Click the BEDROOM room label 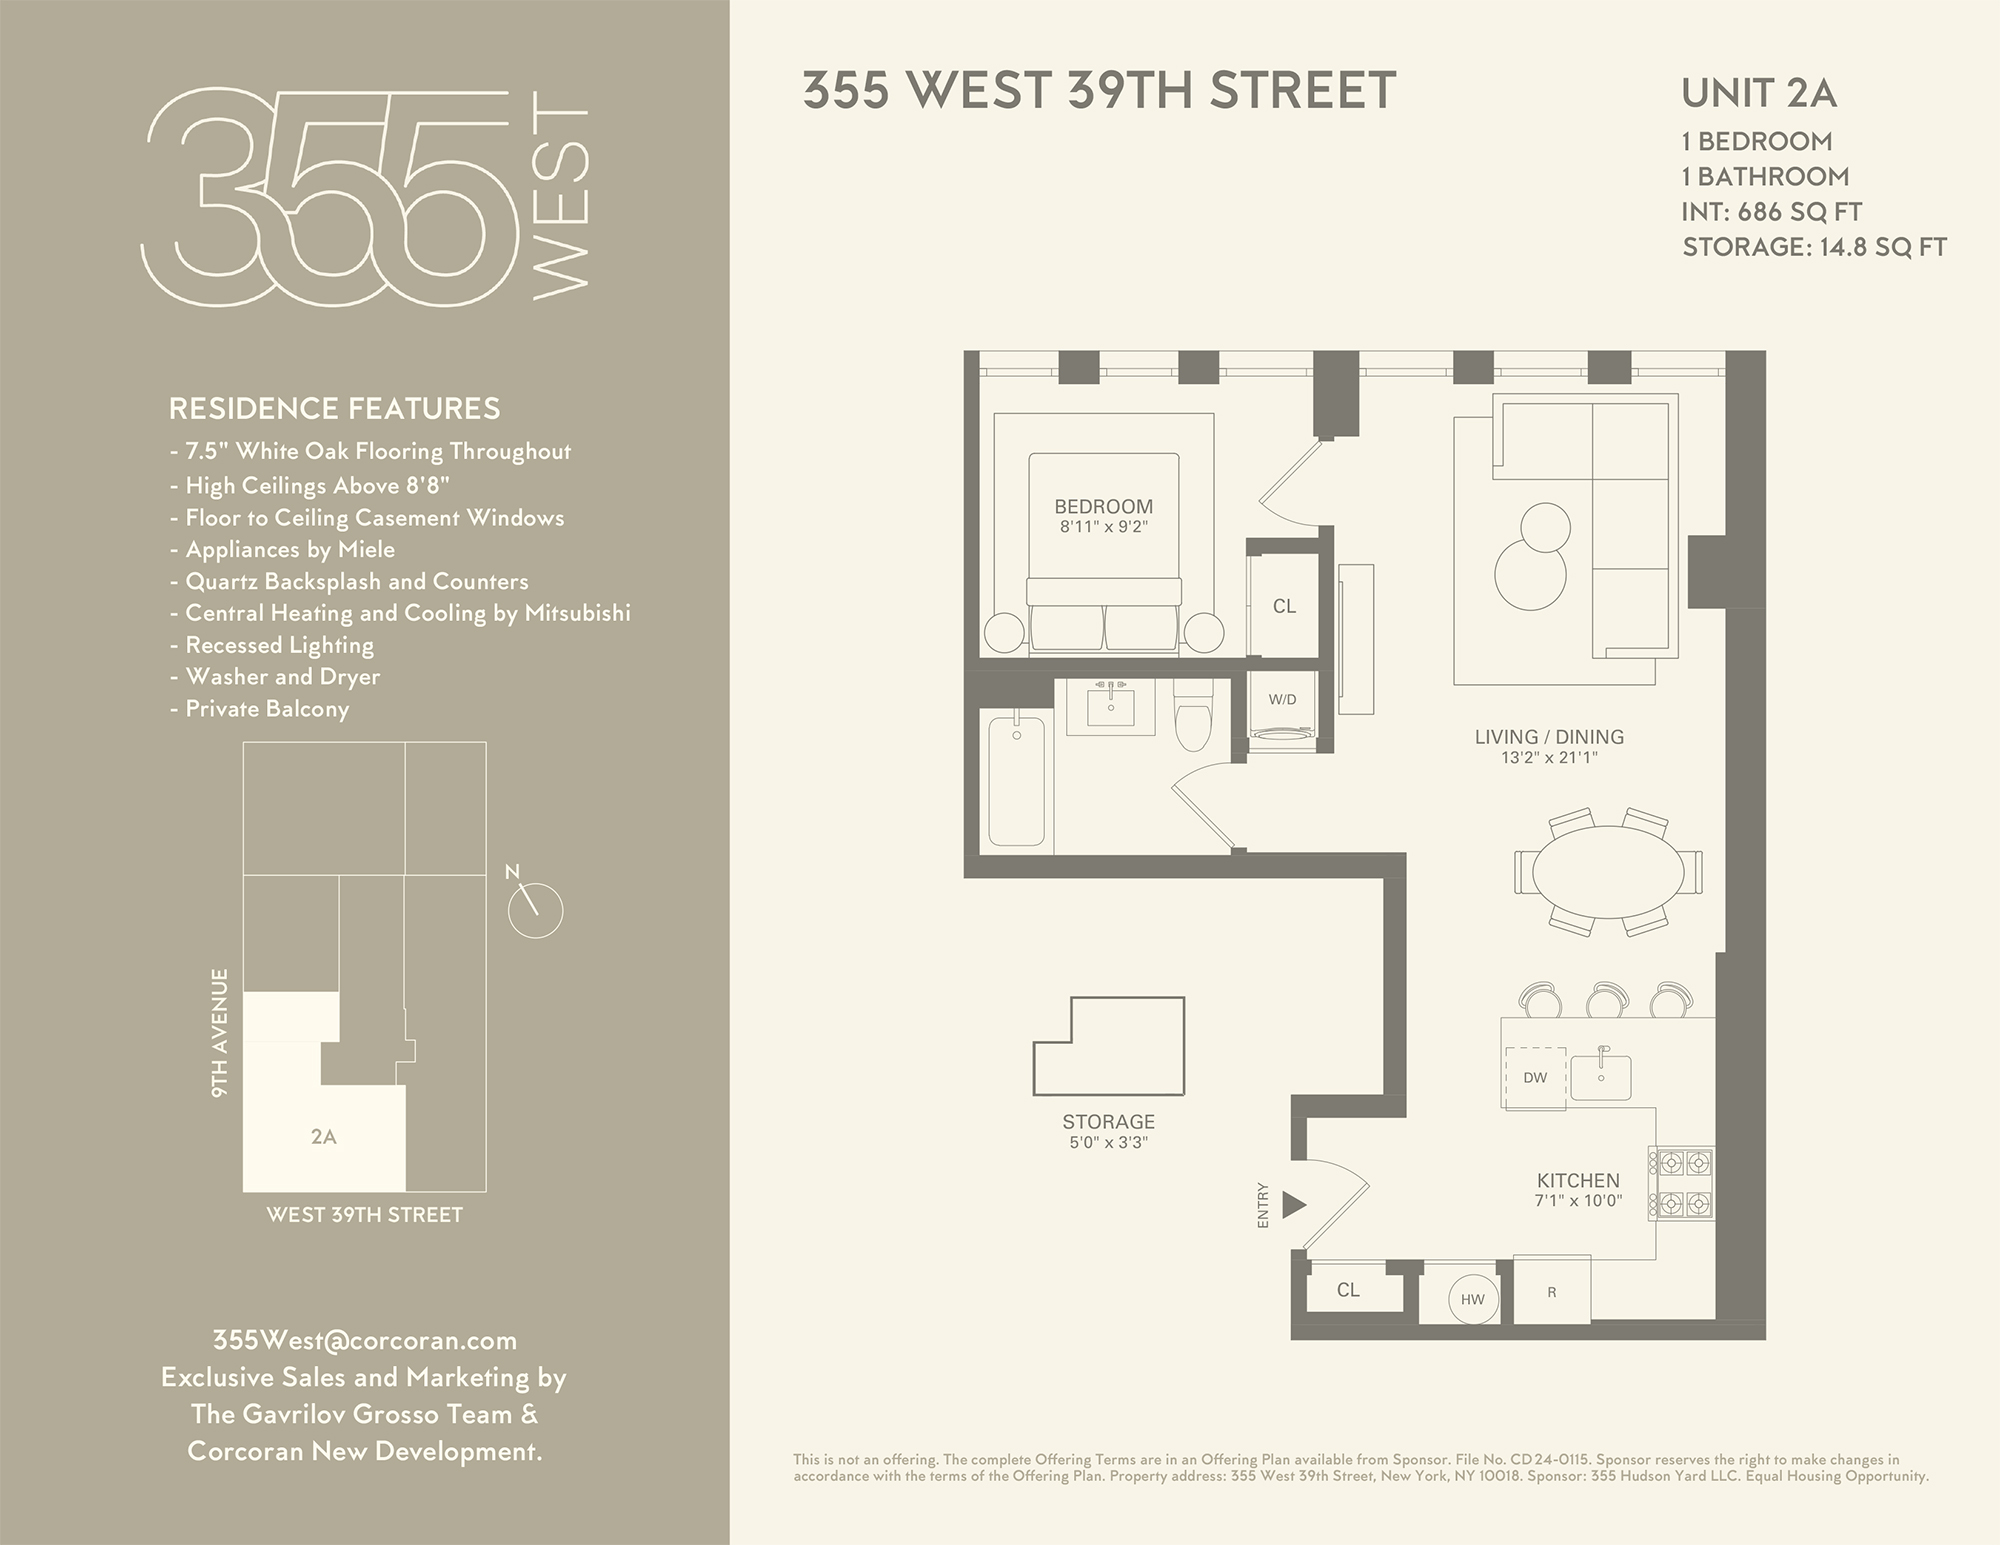(x=1103, y=507)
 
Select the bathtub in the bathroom (x=1016, y=781)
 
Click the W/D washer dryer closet (x=1283, y=710)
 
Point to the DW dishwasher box (x=1535, y=1077)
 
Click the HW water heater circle (x=1473, y=1300)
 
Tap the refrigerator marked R (x=1552, y=1292)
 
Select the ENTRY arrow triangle (x=1294, y=1205)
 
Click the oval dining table (x=1607, y=872)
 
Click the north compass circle (x=536, y=910)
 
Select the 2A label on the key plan (x=323, y=1137)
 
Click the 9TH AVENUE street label (x=220, y=1032)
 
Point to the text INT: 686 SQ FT (x=1772, y=212)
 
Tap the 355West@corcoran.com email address (x=364, y=1340)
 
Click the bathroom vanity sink (x=1110, y=707)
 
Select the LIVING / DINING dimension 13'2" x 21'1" (x=1549, y=758)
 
